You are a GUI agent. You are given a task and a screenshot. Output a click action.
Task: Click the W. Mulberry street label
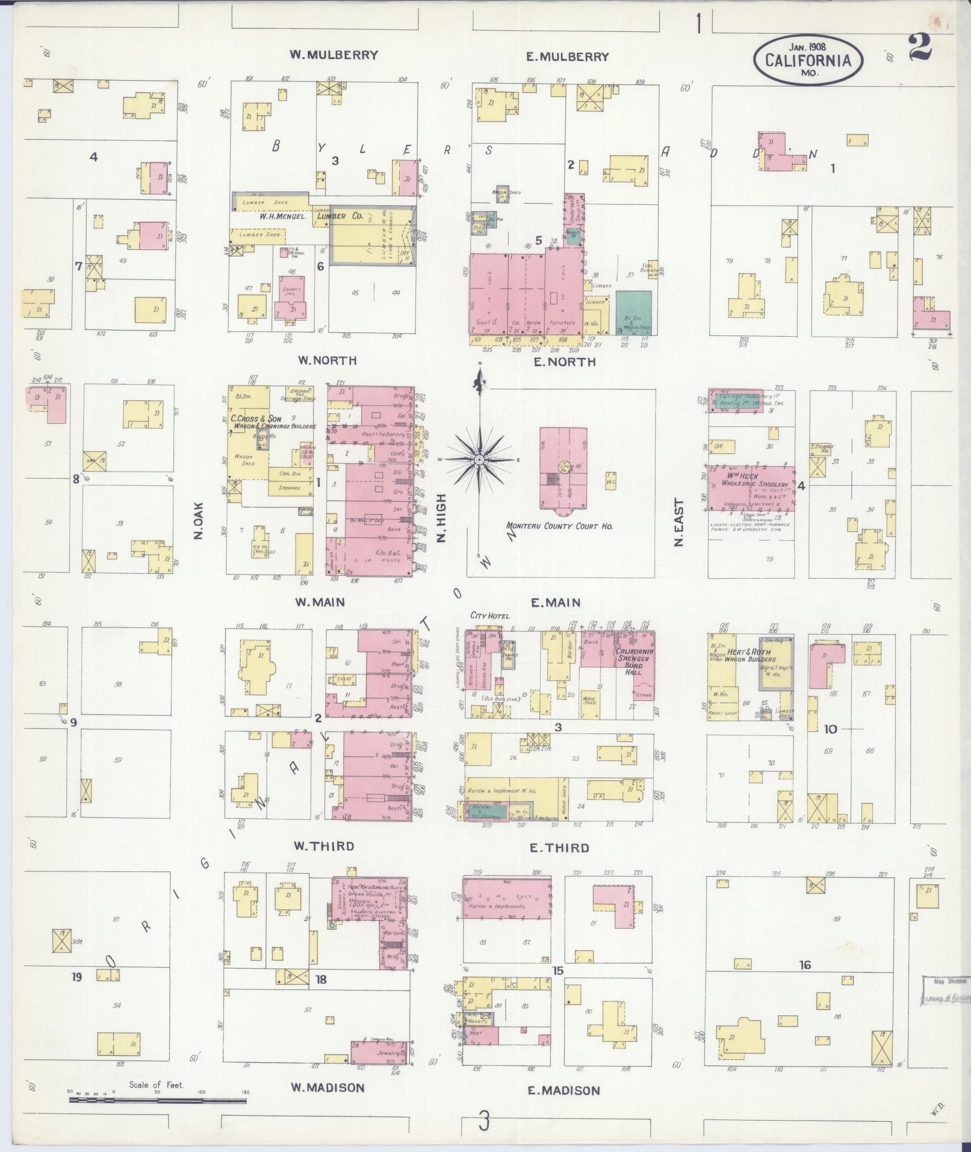tap(333, 55)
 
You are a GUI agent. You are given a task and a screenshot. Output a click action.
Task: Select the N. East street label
tap(680, 522)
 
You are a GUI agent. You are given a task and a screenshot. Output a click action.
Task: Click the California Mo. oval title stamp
tap(808, 61)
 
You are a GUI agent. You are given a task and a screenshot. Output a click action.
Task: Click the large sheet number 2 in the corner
tap(920, 48)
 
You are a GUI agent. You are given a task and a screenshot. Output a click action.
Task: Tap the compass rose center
tap(479, 460)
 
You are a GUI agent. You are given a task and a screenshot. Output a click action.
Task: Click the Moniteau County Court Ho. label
tap(559, 526)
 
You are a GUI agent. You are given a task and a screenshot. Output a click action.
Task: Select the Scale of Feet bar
tap(158, 1100)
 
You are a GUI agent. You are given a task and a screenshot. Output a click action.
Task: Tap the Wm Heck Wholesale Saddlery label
tap(749, 480)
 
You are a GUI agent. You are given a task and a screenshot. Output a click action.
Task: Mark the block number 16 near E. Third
tap(805, 965)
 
